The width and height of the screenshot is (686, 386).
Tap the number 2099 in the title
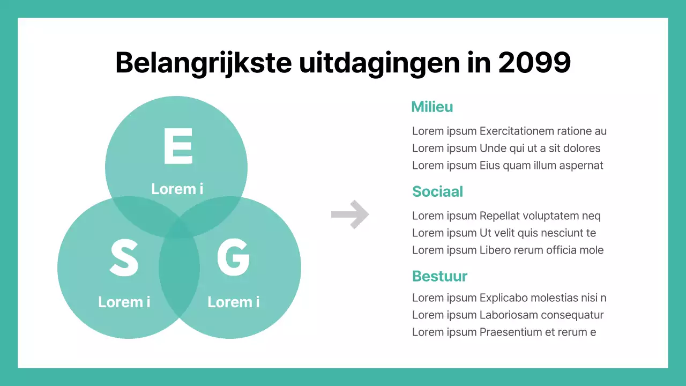click(534, 63)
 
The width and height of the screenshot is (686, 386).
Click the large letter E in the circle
click(177, 146)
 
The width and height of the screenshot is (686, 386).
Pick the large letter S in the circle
click(124, 258)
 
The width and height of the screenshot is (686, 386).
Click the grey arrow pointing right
click(350, 214)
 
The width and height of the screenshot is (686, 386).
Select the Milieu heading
click(432, 107)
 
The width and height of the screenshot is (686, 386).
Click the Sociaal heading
click(437, 192)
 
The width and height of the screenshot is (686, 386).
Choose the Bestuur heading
click(439, 277)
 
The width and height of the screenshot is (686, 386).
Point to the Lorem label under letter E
click(177, 189)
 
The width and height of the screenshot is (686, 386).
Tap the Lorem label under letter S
click(124, 302)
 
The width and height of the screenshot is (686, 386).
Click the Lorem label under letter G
click(233, 302)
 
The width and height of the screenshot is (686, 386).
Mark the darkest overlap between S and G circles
click(179, 268)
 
